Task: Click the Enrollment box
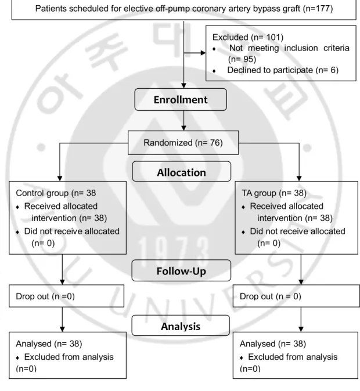tap(181, 100)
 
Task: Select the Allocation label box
tap(182, 171)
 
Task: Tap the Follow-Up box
tap(181, 270)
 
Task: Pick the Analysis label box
tap(181, 325)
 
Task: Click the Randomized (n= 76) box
tap(183, 143)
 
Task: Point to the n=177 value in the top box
tap(318, 9)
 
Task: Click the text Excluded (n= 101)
tap(248, 37)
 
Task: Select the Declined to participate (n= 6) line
tap(283, 70)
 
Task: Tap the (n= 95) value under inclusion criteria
tap(242, 59)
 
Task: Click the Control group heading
tap(56, 193)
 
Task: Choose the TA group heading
tap(274, 193)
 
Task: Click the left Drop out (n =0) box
tap(66, 296)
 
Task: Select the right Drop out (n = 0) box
tap(296, 296)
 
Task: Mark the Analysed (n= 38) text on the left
tap(49, 344)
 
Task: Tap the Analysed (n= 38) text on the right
tap(273, 344)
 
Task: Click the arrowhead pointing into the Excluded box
tap(203, 53)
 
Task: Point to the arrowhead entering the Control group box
tap(60, 178)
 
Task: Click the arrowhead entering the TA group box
tap(299, 178)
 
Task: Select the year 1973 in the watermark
tap(174, 251)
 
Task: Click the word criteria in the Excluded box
tap(336, 48)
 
